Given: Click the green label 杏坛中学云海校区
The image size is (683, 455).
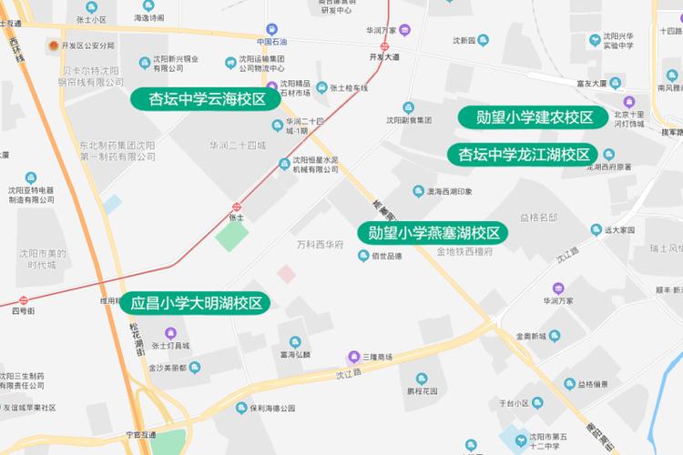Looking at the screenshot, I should [207, 99].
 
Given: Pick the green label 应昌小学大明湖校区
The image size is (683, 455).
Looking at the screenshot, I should [196, 304].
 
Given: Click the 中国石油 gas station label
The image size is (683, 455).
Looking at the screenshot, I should [271, 42].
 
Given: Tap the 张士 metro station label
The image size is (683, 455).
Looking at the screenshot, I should [236, 217].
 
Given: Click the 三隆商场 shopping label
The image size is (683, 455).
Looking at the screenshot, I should [375, 356].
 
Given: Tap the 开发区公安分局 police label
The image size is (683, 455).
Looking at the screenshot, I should [87, 45].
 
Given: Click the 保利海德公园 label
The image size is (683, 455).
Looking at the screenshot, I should [270, 409].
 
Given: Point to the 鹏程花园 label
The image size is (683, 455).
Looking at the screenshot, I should [422, 390].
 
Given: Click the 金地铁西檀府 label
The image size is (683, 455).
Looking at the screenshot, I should [464, 251].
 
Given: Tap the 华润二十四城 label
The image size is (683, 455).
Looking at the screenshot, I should [237, 146].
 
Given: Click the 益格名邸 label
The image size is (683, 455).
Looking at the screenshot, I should [538, 218].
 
